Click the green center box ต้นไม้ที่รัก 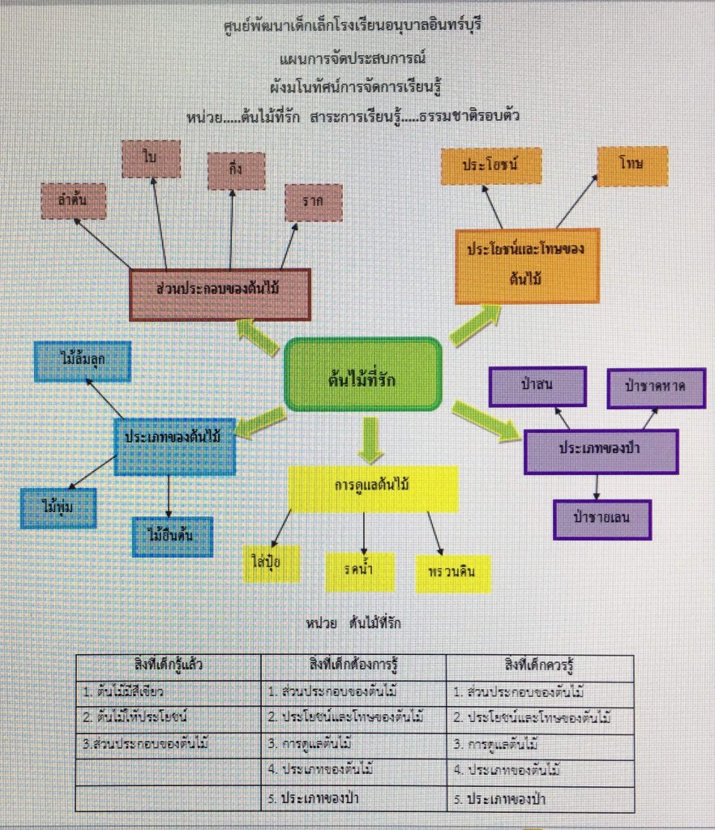362,374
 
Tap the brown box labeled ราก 313,203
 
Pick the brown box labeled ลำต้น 74,201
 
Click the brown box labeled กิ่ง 236,171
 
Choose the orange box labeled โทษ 632,166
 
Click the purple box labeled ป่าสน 537,387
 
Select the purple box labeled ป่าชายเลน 602,520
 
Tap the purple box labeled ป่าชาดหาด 655,388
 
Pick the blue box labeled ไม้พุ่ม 58,508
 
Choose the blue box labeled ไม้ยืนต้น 173,536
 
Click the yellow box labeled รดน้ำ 360,572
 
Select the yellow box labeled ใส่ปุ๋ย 271,564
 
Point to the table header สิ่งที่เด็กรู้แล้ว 169,665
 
